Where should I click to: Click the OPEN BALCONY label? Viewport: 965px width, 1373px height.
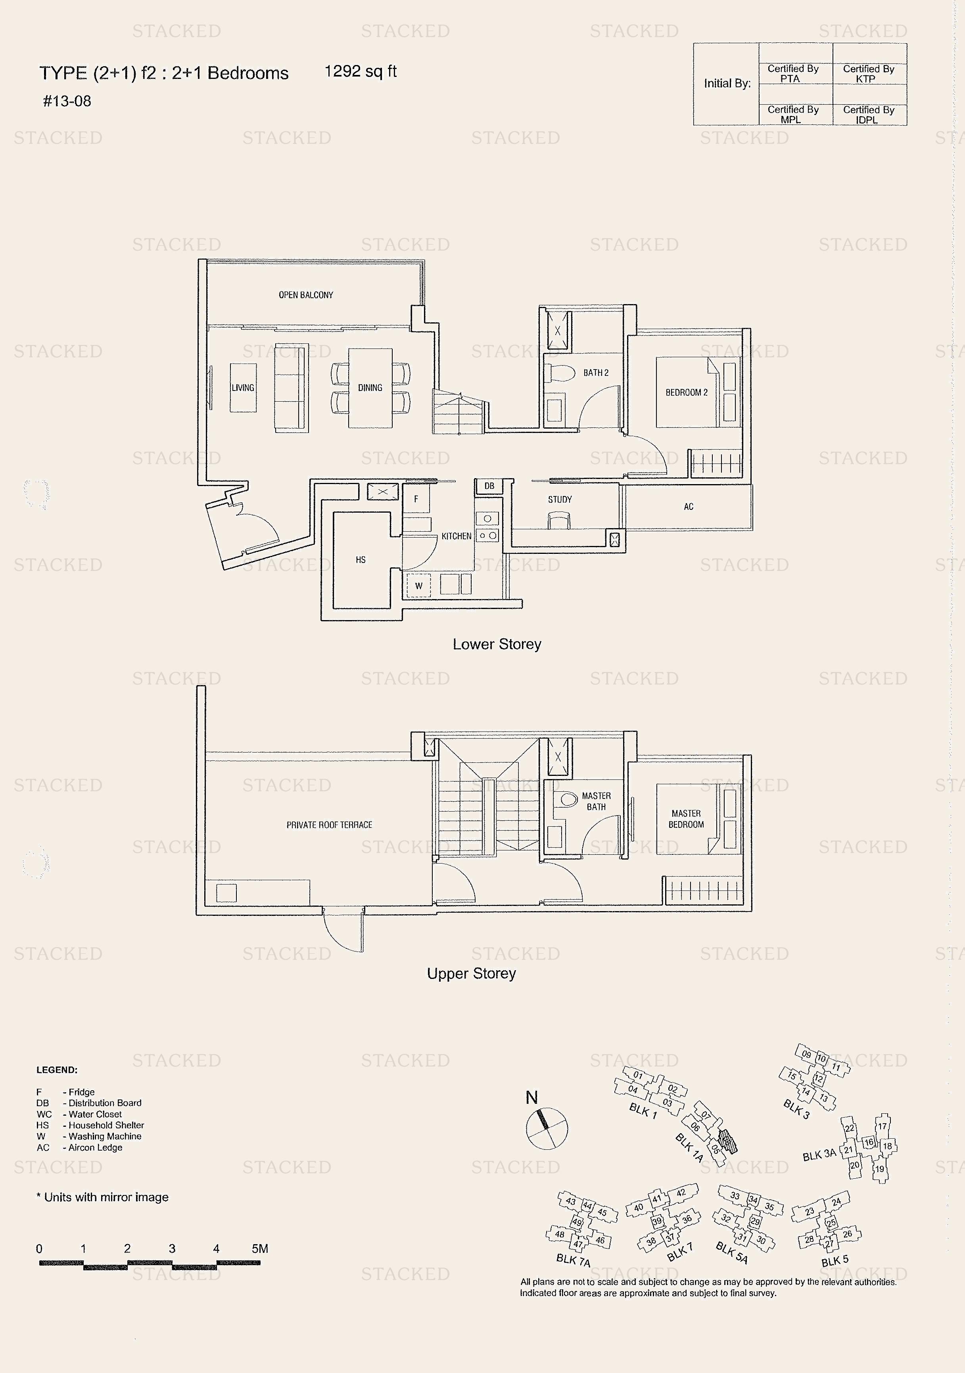[306, 295]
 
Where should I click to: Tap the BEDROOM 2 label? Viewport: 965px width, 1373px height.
[686, 392]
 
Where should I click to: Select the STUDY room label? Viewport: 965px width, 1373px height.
[560, 499]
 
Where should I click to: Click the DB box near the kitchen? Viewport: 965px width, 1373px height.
[489, 486]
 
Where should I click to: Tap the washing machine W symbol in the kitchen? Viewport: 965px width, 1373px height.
[419, 586]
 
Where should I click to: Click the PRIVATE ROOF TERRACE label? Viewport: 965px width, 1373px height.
[329, 825]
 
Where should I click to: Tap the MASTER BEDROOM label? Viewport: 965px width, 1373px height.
[686, 819]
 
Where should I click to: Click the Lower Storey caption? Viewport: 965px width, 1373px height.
[497, 644]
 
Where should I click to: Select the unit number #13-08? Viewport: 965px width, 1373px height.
[67, 101]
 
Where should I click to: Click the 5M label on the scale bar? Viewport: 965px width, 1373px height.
[260, 1248]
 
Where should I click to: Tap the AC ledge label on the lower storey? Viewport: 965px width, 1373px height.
[689, 507]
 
